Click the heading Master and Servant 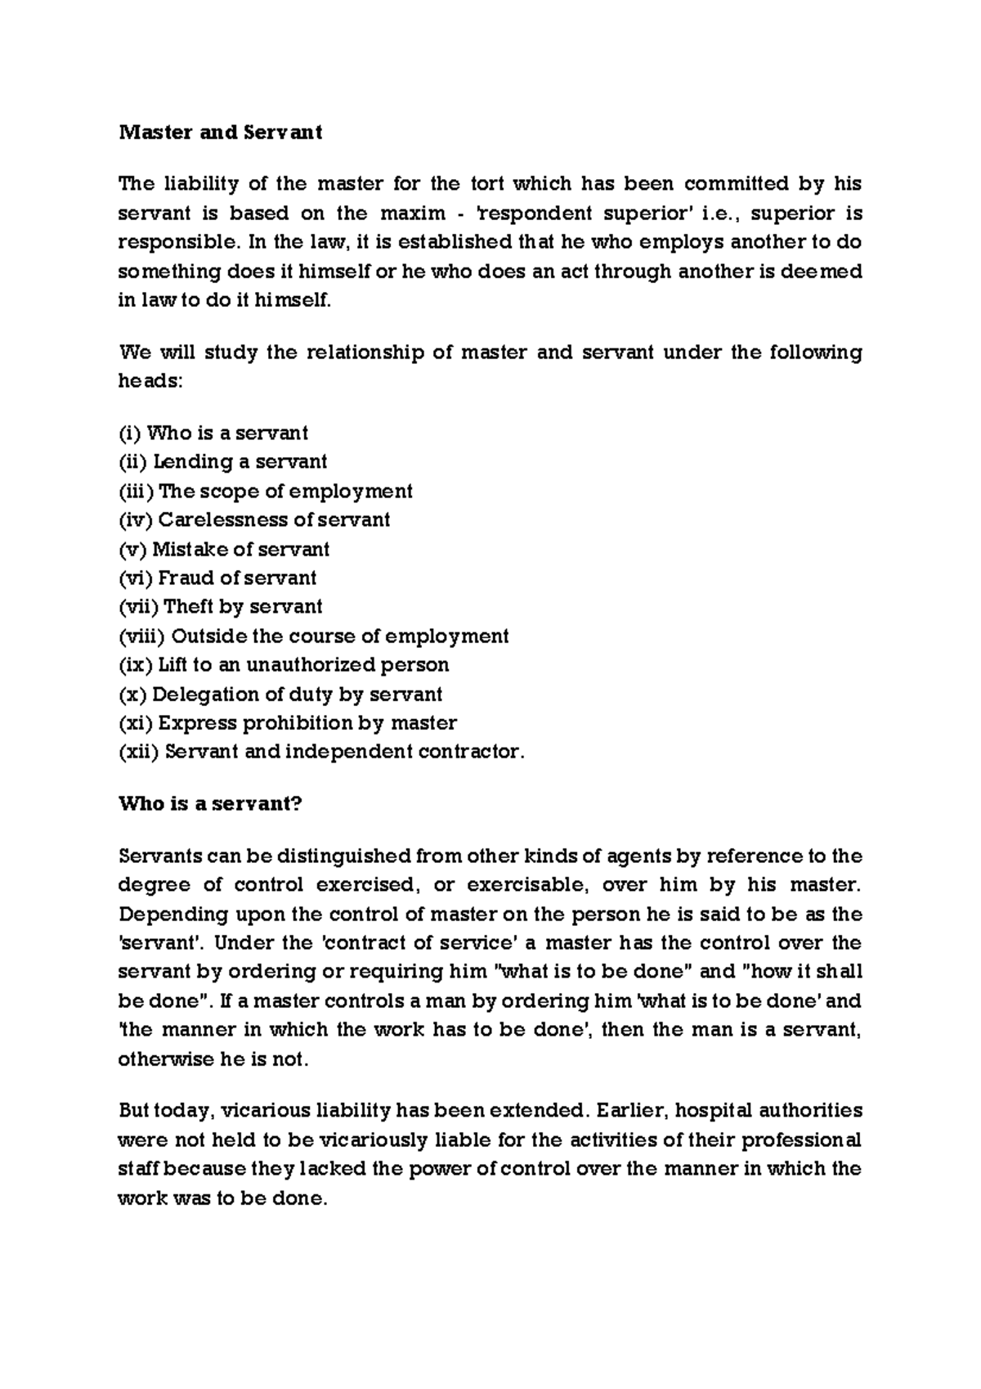(x=221, y=133)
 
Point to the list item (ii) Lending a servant (x=222, y=461)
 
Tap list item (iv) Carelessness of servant (x=254, y=519)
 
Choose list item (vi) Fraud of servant (x=217, y=578)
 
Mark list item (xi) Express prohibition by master (x=288, y=723)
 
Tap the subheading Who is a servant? (x=210, y=803)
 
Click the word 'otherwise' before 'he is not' (x=164, y=1059)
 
